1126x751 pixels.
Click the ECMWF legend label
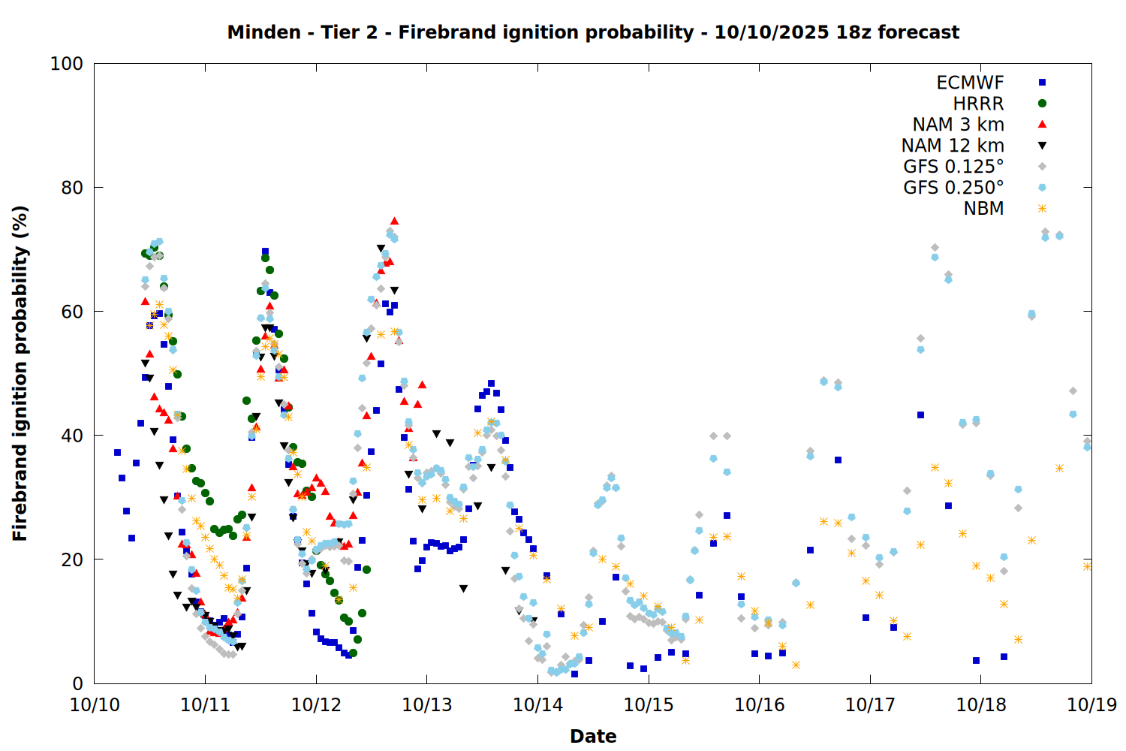point(970,83)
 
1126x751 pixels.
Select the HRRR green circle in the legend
point(1042,104)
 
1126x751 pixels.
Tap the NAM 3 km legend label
point(958,125)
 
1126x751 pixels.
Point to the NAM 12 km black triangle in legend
point(1042,146)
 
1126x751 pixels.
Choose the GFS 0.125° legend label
point(953,167)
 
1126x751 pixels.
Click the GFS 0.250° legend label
point(953,188)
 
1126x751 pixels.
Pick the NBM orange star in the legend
point(1042,209)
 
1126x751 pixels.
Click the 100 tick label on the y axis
point(67,64)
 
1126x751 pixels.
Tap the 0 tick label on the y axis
point(77,683)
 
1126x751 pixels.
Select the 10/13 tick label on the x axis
point(427,704)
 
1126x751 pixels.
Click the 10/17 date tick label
point(870,704)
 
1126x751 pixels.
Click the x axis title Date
point(593,736)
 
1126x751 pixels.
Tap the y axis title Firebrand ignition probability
point(20,373)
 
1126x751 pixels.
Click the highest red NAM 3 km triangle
point(394,221)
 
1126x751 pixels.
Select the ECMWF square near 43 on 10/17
point(920,415)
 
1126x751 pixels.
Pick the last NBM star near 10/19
point(1087,566)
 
